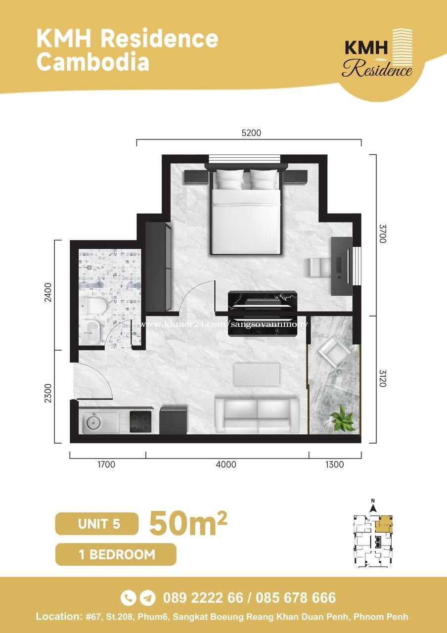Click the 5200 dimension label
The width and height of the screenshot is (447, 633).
(251, 133)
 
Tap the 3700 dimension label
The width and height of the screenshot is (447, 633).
(382, 233)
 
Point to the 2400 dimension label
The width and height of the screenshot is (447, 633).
(48, 292)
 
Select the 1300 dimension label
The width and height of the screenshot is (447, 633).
(335, 464)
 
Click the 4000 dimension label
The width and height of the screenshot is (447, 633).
(226, 464)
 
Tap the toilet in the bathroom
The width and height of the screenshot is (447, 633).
(93, 306)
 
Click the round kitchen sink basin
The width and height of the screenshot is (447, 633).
(94, 422)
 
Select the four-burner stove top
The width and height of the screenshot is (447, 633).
(140, 422)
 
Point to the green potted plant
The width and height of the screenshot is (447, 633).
(343, 418)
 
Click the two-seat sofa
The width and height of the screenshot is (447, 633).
(257, 415)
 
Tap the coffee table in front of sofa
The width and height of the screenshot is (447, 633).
(257, 374)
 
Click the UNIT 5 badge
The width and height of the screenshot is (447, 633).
(97, 524)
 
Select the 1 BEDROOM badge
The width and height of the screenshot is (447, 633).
(116, 554)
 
